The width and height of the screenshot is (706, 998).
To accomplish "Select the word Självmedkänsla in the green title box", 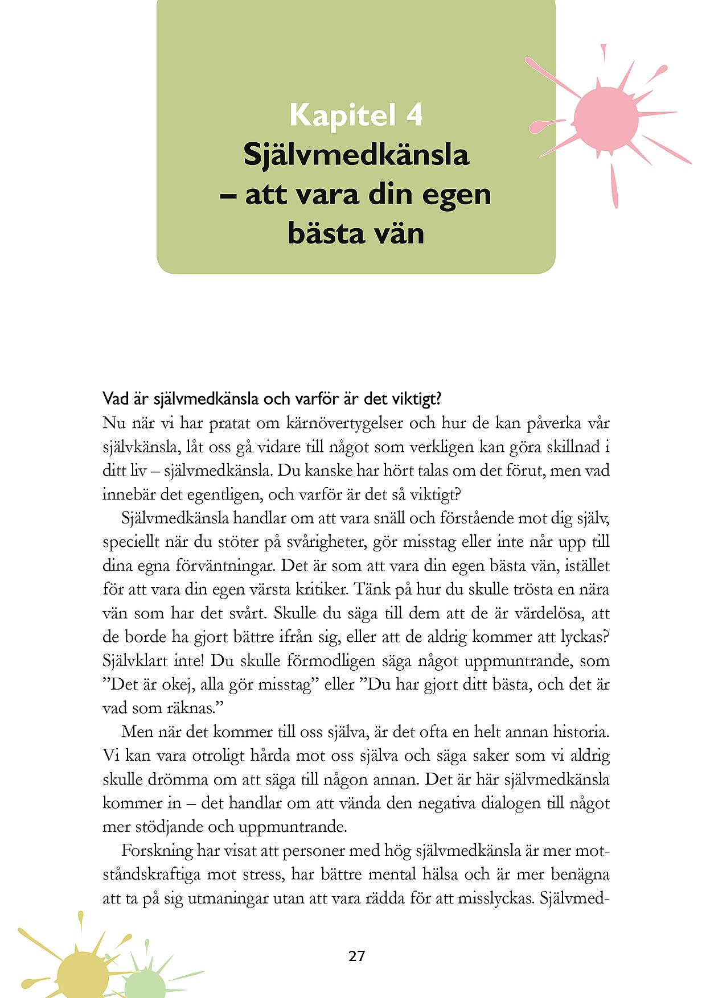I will [356, 155].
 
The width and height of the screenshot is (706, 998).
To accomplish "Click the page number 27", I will [356, 956].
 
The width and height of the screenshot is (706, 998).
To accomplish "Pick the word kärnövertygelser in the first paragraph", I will [340, 423].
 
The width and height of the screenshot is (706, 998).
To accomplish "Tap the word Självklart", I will [134, 661].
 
